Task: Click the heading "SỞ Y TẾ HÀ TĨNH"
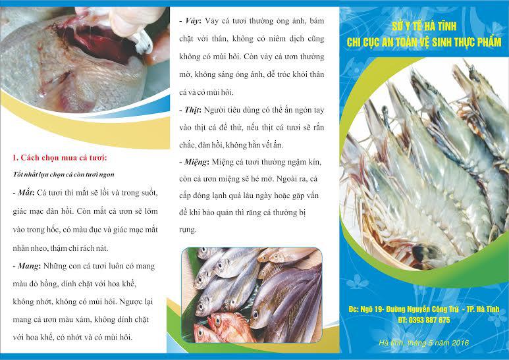(424, 26)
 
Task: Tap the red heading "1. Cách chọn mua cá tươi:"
(60, 158)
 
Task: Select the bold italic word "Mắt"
(24, 193)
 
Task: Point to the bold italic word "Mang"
(28, 266)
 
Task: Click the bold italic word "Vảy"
(192, 21)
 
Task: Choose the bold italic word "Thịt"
(192, 110)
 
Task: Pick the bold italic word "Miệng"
(196, 162)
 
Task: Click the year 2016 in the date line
(460, 343)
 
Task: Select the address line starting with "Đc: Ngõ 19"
(423, 309)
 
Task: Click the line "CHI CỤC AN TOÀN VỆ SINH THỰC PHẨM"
(424, 42)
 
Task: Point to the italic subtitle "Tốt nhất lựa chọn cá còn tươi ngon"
(64, 174)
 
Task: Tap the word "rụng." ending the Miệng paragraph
(188, 230)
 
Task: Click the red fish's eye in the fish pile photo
(217, 321)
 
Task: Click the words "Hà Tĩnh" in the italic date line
(391, 343)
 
